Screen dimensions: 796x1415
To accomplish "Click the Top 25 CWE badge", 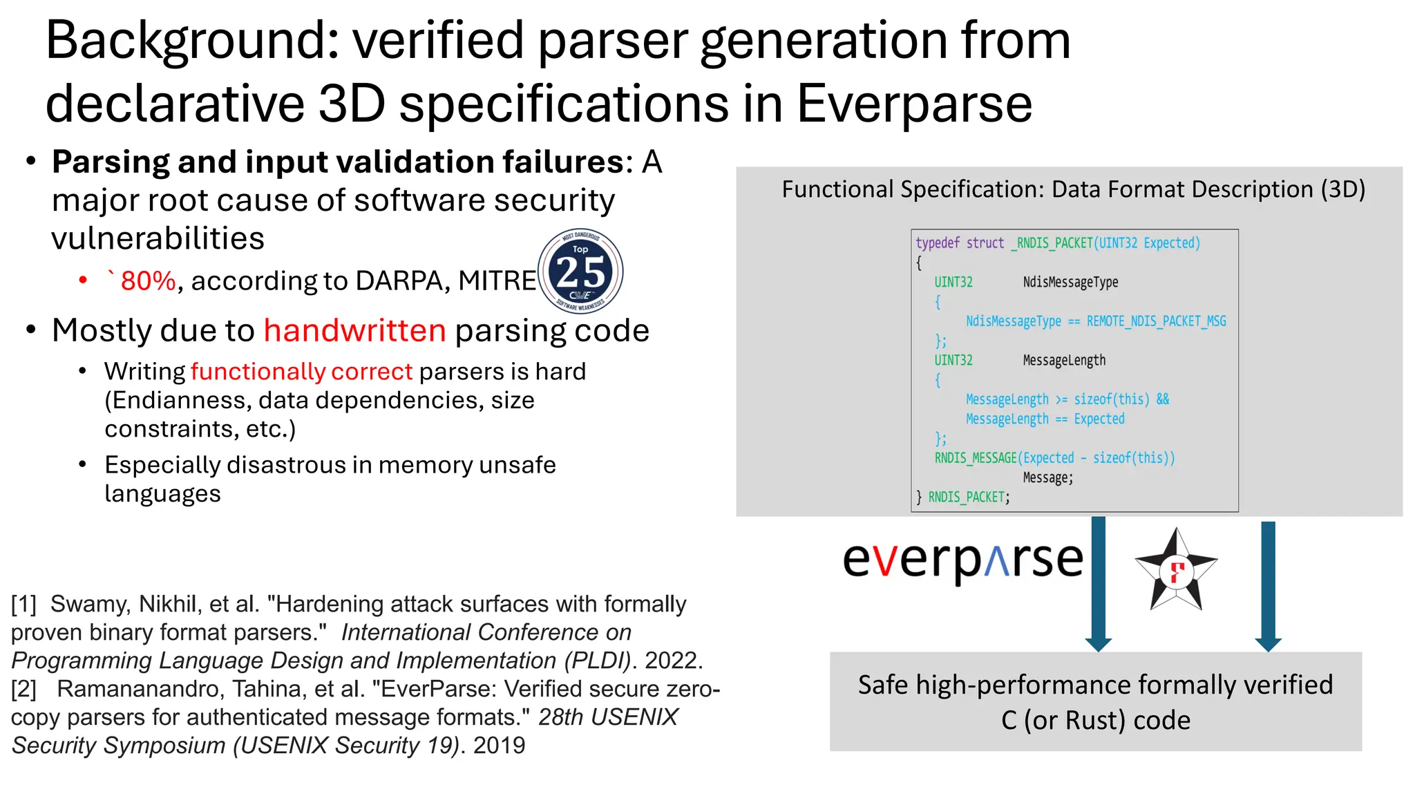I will point(580,271).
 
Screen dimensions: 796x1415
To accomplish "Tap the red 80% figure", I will point(148,281).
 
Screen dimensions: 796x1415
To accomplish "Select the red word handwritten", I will point(354,330).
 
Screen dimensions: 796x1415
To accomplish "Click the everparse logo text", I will point(962,560).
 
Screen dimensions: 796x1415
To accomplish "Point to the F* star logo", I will point(1176,571).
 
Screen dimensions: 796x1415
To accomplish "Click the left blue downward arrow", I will point(1098,583).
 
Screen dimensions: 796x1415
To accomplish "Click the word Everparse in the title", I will point(914,104).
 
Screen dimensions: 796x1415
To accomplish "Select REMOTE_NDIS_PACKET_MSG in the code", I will point(1156,321).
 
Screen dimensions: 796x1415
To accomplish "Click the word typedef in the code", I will point(938,243).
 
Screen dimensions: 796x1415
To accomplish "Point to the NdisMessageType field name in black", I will point(1070,282).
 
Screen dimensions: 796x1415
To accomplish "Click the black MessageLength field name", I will point(1064,361).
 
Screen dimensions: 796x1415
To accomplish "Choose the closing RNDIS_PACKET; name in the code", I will point(969,497).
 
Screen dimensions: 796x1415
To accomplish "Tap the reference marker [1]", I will point(24,604).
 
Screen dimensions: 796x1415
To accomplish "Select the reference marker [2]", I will point(24,689).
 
